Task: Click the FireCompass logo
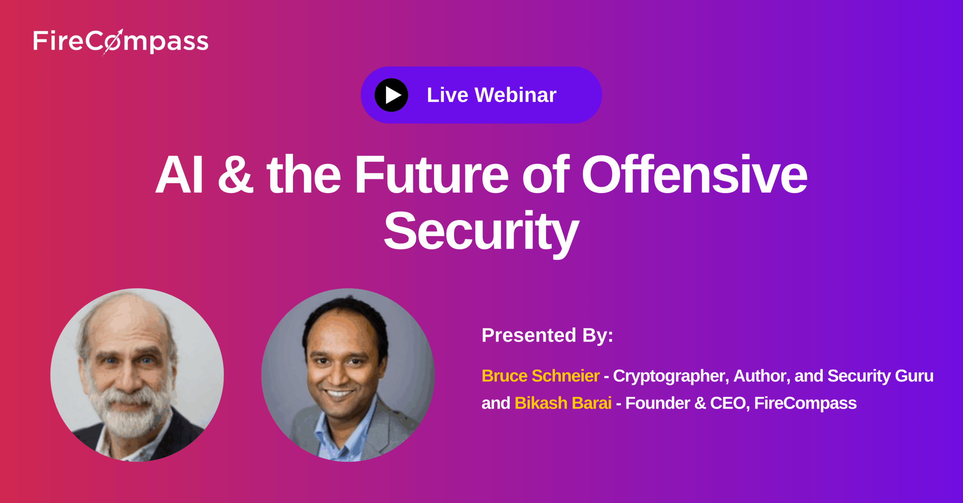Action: (121, 42)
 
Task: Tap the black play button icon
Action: (391, 95)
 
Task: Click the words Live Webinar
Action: (492, 95)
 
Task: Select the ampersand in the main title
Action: (236, 174)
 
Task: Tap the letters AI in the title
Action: (180, 174)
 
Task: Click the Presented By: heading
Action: (547, 335)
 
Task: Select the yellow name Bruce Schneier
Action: (541, 376)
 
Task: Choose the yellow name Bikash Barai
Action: (563, 403)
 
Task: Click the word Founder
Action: (658, 403)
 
